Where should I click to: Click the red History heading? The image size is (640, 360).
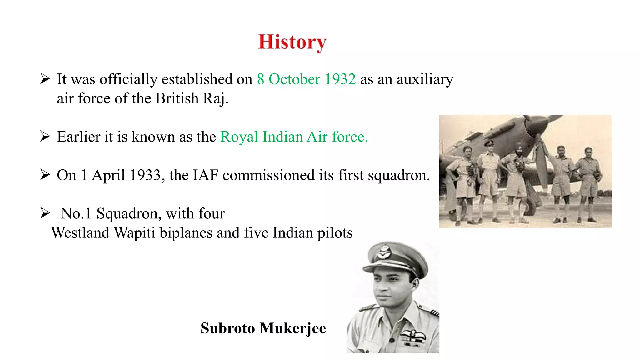(x=292, y=42)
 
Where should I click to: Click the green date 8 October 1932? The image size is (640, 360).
(x=306, y=79)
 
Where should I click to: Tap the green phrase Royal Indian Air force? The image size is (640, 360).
(x=294, y=137)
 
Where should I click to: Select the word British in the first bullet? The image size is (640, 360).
(x=177, y=98)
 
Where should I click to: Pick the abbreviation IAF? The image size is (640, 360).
(x=205, y=175)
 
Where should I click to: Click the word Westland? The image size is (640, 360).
(x=80, y=233)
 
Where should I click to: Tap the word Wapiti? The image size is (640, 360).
(x=134, y=233)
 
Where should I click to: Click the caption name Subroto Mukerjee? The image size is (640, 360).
(x=263, y=328)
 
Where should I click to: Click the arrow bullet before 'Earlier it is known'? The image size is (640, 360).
(x=45, y=137)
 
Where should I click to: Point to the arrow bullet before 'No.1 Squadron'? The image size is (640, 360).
(x=45, y=213)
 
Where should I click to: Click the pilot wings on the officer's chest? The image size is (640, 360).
(x=413, y=335)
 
